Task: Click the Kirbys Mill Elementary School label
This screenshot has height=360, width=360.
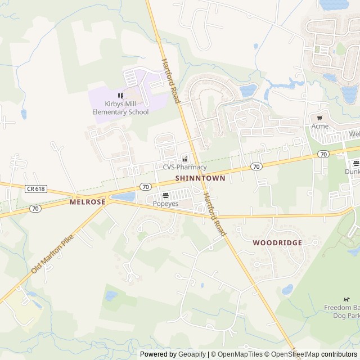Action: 120,107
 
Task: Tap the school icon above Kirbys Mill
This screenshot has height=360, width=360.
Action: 120,96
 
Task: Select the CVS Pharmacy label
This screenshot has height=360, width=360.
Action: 184,167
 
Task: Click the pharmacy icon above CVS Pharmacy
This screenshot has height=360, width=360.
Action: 184,159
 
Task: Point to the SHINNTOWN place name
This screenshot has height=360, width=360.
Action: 200,178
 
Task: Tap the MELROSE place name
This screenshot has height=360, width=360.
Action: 88,201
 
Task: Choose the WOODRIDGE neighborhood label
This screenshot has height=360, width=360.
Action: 277,242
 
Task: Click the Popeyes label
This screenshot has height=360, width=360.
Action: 165,204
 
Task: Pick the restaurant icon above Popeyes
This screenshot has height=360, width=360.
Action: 165,195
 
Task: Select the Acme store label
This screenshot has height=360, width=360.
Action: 320,126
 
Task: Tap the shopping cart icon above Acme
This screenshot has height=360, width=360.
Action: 319,118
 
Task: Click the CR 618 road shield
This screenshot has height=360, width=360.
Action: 35,189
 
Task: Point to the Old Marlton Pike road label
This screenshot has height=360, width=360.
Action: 52,254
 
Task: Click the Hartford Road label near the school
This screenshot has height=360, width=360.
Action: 170,81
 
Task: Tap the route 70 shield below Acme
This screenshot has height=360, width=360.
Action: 323,154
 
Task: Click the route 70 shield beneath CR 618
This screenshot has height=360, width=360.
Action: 36,208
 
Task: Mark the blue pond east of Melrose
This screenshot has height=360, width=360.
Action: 124,197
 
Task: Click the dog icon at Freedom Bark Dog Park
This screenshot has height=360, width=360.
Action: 347,299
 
